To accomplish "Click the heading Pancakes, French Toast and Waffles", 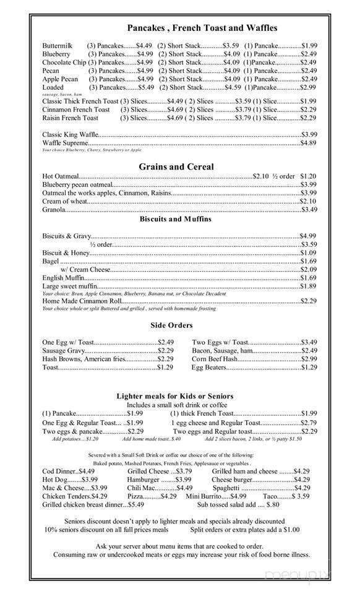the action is [202, 28].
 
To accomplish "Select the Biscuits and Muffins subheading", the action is [175, 219].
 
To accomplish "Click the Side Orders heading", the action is [171, 325].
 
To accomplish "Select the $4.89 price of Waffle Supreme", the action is [308, 143].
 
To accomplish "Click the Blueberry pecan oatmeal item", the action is [78, 184].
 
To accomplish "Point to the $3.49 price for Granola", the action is [308, 210].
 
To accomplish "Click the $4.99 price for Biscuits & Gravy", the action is [308, 236].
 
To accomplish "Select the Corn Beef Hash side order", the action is [215, 359].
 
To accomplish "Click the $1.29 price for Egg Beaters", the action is [308, 368].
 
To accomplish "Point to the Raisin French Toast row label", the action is [70, 118].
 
